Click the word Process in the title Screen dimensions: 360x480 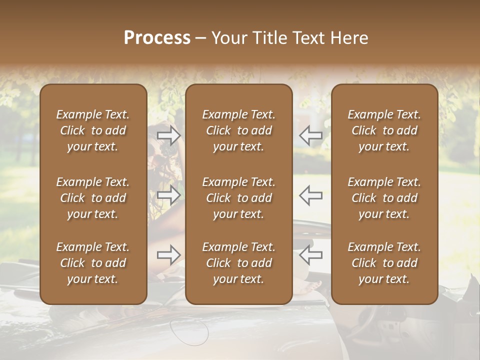pos(157,38)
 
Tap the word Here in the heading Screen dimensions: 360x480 pos(348,38)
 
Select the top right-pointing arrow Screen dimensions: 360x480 pos(168,135)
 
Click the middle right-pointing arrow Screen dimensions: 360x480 pos(168,195)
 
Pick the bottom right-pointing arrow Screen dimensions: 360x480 pos(168,255)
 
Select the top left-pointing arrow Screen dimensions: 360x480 pos(311,135)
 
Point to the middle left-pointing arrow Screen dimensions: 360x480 pos(311,195)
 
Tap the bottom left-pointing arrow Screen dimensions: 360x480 pos(311,255)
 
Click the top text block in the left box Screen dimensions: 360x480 pos(93,130)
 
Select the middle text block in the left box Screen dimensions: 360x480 pos(93,198)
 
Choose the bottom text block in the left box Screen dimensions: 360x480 pos(93,263)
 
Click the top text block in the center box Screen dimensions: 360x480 pos(239,130)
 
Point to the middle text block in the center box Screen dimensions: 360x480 pos(239,198)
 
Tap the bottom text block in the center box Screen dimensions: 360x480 pos(239,263)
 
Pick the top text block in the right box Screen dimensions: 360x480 pos(384,130)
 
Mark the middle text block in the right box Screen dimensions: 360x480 pos(384,198)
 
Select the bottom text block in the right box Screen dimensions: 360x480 pos(384,263)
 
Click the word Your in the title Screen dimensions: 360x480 pos(228,38)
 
